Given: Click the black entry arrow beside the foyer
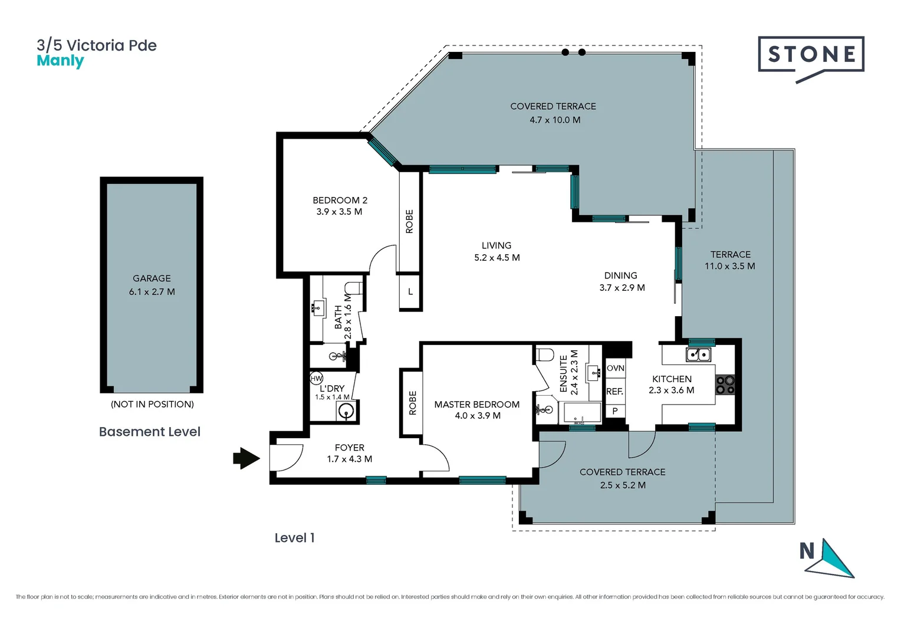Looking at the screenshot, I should coord(246,458).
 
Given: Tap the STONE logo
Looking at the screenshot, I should coord(811,55).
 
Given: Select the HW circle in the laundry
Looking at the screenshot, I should coord(317,378).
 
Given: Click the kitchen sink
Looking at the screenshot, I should coord(698,354).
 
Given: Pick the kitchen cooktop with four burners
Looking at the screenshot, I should coord(725,385).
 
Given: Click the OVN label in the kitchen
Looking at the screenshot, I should coord(615,368).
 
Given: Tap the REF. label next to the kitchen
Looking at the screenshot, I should coord(614,391).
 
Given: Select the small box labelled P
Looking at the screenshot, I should coord(615,411).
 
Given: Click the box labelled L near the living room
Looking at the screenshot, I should coord(410,291).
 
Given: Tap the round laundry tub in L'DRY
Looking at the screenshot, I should coord(347,411).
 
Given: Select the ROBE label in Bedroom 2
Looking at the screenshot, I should coord(410,221).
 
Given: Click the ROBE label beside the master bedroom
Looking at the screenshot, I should coord(413,403).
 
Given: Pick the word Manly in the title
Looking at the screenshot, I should coord(60,61).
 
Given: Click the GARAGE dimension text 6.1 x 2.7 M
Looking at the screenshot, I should coord(152,291).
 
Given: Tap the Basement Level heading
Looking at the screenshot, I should coord(150,432).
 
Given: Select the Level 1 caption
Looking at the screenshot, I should coord(294,538).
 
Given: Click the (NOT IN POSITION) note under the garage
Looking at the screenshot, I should coord(152,404).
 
